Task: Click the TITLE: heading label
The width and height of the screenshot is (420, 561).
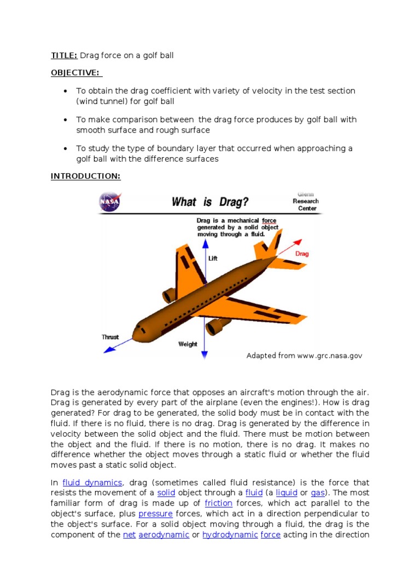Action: pos(64,55)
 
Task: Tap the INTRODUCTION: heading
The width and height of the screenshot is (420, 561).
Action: pos(85,176)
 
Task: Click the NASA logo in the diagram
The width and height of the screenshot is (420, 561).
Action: pos(109,202)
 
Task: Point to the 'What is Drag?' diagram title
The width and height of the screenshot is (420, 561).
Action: pos(210,202)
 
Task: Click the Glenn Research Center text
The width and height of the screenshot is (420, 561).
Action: pos(305,201)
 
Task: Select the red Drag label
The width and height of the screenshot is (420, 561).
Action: pos(302,254)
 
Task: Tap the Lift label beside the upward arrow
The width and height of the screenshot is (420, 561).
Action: pos(213,258)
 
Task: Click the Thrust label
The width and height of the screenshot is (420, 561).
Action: pos(110,337)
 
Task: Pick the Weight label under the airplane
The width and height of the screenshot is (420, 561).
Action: pos(187,344)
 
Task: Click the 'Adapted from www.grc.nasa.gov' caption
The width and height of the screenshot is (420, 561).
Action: pos(304,356)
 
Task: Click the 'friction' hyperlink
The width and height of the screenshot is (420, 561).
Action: pos(218,503)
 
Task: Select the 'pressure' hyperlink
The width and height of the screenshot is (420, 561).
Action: pos(155,513)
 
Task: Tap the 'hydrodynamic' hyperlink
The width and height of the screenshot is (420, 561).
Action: pos(230,534)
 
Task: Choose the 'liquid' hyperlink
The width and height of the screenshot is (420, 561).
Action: pos(287,493)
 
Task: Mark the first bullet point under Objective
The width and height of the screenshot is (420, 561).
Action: pos(66,91)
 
